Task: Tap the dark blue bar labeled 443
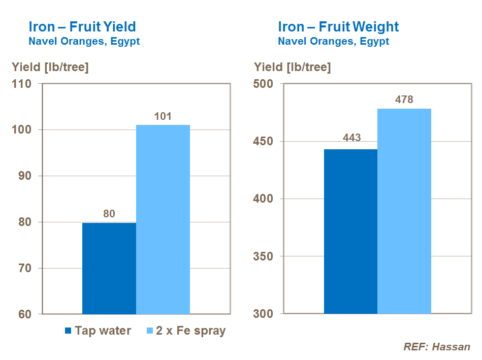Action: (350, 231)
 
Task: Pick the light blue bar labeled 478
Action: (404, 211)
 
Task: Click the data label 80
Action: (109, 214)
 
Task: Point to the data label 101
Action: (163, 116)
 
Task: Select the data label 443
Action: (351, 138)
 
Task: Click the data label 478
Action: (404, 100)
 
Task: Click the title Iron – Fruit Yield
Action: (82, 26)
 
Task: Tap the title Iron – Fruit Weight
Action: (338, 26)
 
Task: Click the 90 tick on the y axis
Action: (25, 176)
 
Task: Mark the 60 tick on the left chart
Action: (25, 314)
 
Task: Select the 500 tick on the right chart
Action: (263, 84)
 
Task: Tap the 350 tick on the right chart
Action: (263, 256)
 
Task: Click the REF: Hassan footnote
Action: (436, 347)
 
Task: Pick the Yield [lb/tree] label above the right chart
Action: (292, 67)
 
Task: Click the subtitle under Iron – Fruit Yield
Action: (84, 42)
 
